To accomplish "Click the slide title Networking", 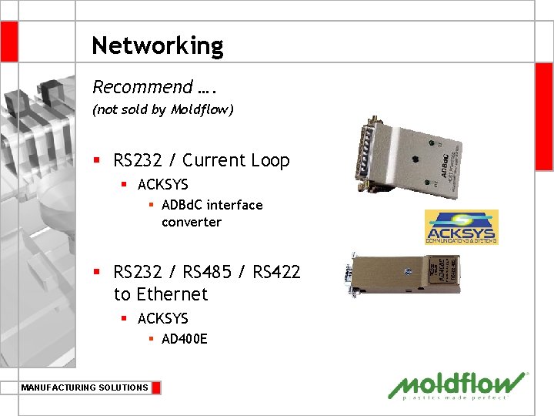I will [x=157, y=46].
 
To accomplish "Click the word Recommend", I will [x=142, y=87].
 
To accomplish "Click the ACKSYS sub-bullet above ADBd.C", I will [x=162, y=185].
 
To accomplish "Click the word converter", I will [x=191, y=222].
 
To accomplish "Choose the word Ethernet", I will [x=173, y=294].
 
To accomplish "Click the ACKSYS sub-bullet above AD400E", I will [x=162, y=318].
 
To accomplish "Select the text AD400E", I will [x=184, y=338].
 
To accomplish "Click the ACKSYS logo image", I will [x=461, y=227].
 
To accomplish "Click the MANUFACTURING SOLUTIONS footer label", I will [x=85, y=387].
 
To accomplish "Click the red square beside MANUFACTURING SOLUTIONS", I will [x=156, y=387].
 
